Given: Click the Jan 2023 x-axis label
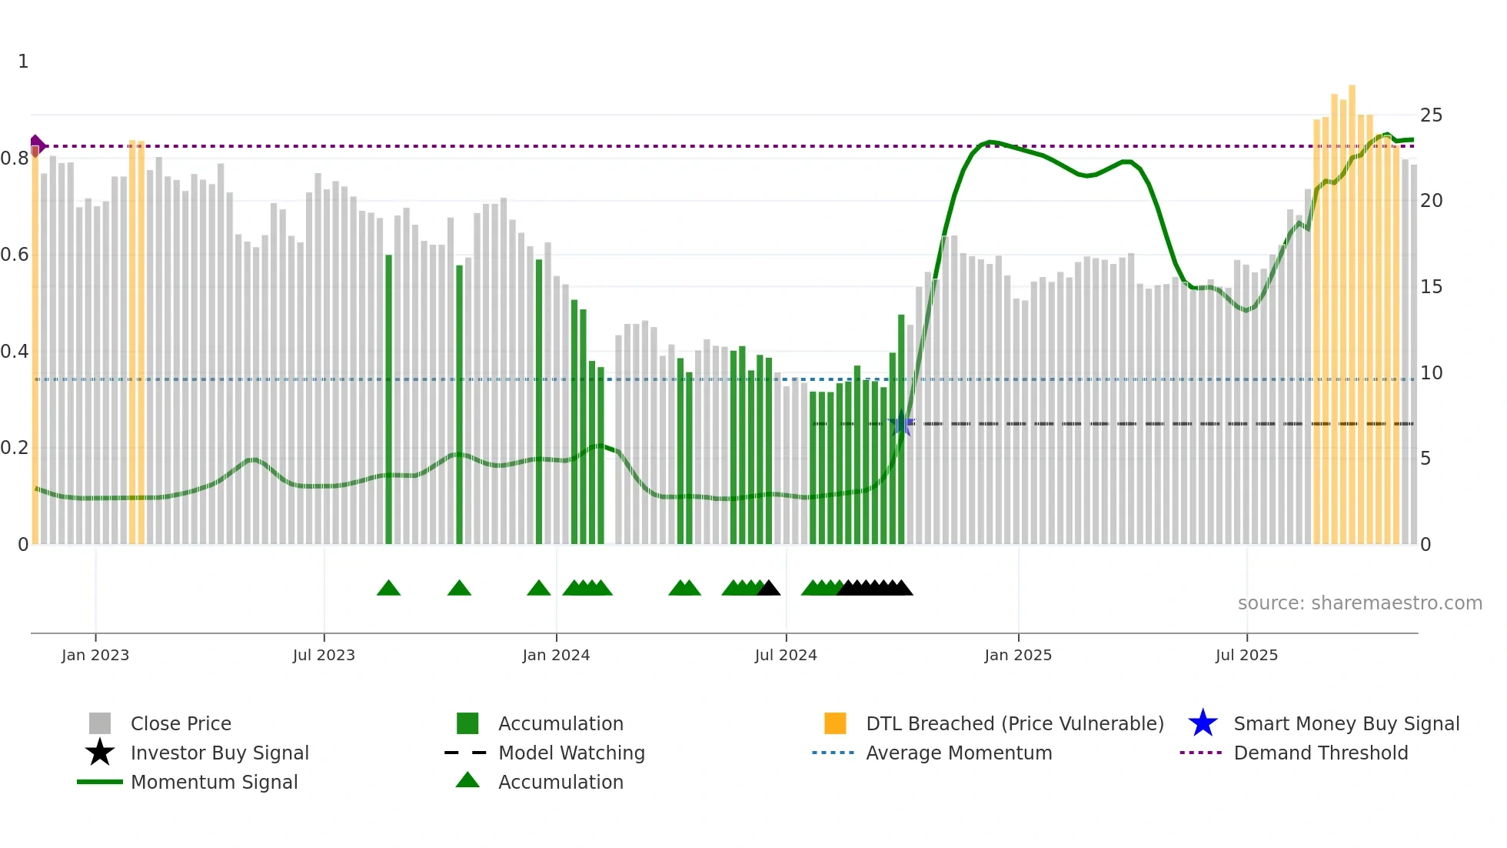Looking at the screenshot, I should pyautogui.click(x=95, y=655).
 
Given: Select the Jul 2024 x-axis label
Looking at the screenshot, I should pyautogui.click(x=786, y=655).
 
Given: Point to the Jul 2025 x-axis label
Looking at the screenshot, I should pyautogui.click(x=1246, y=655).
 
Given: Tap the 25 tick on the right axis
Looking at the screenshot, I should pyautogui.click(x=1431, y=115).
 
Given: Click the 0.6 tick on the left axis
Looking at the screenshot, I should pyautogui.click(x=15, y=255).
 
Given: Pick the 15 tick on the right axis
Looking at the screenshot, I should pyautogui.click(x=1431, y=287).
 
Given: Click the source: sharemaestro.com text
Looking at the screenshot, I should pyautogui.click(x=1359, y=603).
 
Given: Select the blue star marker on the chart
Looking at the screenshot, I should pyautogui.click(x=901, y=423).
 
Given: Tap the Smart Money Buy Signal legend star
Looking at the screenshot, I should pyautogui.click(x=1203, y=723).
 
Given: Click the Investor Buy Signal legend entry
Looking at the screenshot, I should pyautogui.click(x=219, y=753).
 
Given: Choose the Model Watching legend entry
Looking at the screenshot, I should pyautogui.click(x=571, y=753).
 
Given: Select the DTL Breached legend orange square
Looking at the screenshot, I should pyautogui.click(x=835, y=723).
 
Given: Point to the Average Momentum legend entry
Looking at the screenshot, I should pyautogui.click(x=958, y=753).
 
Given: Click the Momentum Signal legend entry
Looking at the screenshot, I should pyautogui.click(x=214, y=782).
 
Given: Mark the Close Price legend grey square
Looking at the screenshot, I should pyautogui.click(x=100, y=723).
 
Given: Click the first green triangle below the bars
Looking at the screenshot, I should pyautogui.click(x=388, y=589).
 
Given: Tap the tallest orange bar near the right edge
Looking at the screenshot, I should pyautogui.click(x=1352, y=308).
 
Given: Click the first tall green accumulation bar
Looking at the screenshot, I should pyautogui.click(x=388, y=400).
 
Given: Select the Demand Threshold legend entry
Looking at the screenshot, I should pyautogui.click(x=1320, y=753).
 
